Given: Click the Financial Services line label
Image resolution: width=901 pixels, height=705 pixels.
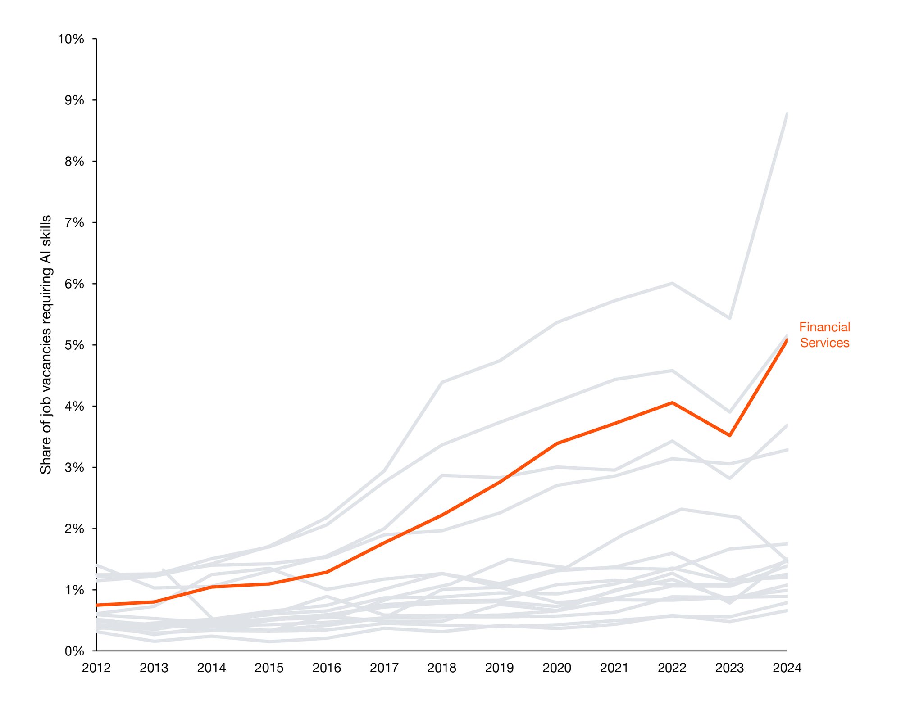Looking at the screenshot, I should pos(824,335).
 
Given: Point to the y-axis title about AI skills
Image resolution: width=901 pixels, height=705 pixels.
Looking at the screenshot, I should pos(46,345).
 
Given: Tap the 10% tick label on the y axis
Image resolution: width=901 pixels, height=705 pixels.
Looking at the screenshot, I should pos(71,39).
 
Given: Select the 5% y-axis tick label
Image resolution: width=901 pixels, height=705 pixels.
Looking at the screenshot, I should pos(74,345).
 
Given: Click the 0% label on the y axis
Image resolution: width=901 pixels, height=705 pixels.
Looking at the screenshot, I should pos(74,651).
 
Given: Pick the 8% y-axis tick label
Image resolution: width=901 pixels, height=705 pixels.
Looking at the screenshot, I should pos(74,162).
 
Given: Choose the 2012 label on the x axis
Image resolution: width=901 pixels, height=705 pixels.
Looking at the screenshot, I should pos(96,668).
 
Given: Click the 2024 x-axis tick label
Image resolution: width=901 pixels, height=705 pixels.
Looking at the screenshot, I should pos(787,668).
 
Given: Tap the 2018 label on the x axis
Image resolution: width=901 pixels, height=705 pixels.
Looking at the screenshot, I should pos(441,668).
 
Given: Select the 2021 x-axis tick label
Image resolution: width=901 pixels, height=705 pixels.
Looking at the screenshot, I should pos(614,668).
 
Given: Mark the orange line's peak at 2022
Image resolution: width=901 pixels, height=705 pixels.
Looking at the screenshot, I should pos(672,402).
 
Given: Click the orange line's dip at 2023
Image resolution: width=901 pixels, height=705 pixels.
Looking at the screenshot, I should pos(729,435).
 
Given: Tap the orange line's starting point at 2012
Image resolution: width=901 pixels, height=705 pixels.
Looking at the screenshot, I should pos(97,605).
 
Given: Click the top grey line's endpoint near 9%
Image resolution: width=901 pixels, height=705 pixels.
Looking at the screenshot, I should pos(787,113).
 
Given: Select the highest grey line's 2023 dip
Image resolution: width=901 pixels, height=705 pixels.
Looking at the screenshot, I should pos(729,318).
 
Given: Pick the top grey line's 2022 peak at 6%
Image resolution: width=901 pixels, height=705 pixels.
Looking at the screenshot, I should pos(672,283).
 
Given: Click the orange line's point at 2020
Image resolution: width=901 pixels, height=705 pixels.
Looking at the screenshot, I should pos(557,443).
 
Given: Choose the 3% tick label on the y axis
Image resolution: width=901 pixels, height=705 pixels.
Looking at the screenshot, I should pos(74,468).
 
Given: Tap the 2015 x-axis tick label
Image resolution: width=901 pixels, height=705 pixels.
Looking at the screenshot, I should pos(269,668).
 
